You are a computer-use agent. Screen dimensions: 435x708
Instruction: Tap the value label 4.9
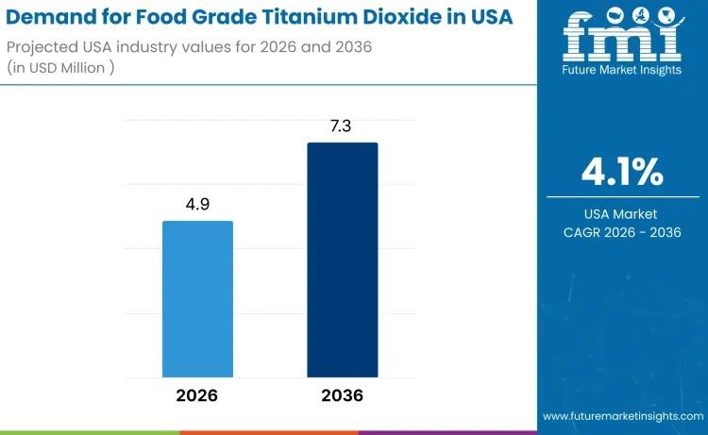pos(197,203)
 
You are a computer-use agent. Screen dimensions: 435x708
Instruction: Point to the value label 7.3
pos(342,125)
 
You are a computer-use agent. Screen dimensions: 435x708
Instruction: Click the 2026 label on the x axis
pos(197,395)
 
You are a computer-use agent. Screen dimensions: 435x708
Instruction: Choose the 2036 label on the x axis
pos(342,395)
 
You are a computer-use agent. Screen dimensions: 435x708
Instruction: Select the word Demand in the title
pos(54,18)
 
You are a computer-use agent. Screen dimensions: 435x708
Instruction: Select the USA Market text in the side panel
pos(620,214)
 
